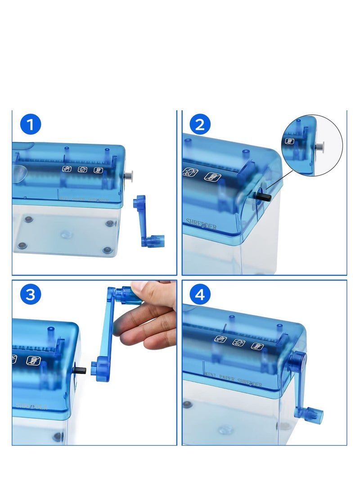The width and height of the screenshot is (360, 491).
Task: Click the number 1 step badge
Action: [31, 124]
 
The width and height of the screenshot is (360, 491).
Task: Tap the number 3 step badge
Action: [31, 294]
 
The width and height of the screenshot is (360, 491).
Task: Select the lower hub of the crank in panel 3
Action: [99, 369]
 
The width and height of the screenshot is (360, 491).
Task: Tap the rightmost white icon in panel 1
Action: [98, 171]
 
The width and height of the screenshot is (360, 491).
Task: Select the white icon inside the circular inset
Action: [290, 141]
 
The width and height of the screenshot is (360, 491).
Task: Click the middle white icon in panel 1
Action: [82, 170]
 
